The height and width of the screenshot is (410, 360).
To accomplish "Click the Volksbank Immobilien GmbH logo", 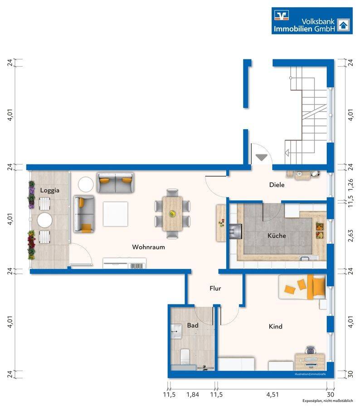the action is pos(312,21).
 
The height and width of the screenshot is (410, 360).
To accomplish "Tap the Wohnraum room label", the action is pos(148,247).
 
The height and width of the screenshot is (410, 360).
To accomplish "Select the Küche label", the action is pos(277,235).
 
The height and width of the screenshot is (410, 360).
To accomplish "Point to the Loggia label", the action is pos(50,190).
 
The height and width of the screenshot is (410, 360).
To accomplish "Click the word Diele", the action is pos(277,185).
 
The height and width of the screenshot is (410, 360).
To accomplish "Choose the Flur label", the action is pos(215,288).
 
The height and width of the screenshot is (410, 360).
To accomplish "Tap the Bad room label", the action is pos(193,325).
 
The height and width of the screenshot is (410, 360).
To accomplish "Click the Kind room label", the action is pos(276,326).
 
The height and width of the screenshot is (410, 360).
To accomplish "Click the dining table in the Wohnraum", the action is pos(172,214).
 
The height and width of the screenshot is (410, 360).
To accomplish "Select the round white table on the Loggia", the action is pos(45,220).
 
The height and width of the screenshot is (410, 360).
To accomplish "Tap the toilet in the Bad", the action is pos(185,356).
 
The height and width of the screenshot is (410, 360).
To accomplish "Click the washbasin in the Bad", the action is pos(176,332).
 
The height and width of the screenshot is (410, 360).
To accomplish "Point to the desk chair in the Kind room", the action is pos(310,350).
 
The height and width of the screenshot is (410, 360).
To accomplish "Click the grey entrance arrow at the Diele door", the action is pos(261,157).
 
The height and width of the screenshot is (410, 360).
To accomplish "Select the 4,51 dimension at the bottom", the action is pos(272,395).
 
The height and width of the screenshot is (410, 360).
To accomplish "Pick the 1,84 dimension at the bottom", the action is pos(193,395).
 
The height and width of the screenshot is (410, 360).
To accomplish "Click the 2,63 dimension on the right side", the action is pos(350,236).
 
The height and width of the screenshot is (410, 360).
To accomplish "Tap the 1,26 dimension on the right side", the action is pos(350,185).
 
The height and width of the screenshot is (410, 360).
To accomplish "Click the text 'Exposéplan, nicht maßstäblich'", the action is pos(327,401).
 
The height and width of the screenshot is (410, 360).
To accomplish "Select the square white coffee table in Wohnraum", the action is pos(116,214).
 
